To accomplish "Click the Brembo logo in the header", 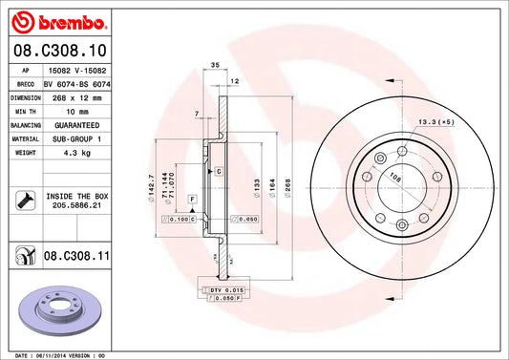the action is pyautogui.click(x=59, y=22).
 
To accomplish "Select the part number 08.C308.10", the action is pyautogui.click(x=60, y=51).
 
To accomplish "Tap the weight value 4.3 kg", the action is pyautogui.click(x=77, y=153).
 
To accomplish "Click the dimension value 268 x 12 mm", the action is pyautogui.click(x=77, y=97).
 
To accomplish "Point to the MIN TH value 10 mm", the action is pyautogui.click(x=77, y=112).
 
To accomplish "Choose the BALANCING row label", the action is pyautogui.click(x=26, y=125).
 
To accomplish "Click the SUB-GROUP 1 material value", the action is pyautogui.click(x=77, y=138).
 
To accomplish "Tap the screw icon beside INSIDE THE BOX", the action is pyautogui.click(x=26, y=201).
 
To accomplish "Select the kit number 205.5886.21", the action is pyautogui.click(x=77, y=205).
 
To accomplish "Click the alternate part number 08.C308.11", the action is pyautogui.click(x=76, y=256).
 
